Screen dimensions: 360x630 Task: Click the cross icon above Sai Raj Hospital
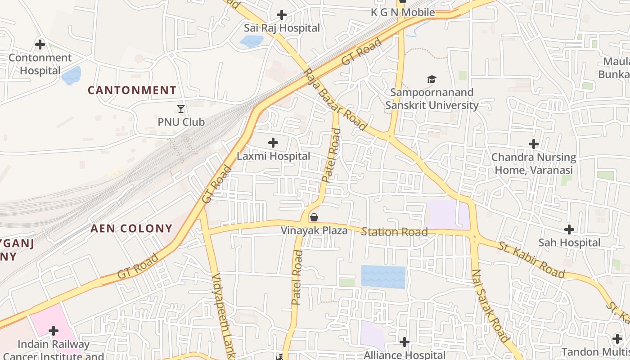tap(282, 15)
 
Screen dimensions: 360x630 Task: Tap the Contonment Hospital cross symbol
tap(40, 45)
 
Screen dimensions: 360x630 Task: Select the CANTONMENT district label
tap(132, 90)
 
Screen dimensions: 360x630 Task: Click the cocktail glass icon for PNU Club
tap(181, 108)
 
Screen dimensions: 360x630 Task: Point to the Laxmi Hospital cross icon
tap(273, 143)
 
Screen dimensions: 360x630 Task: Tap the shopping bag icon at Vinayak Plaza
tap(314, 217)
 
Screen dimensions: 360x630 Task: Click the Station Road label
tap(394, 232)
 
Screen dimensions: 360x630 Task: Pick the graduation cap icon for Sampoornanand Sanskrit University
tap(432, 79)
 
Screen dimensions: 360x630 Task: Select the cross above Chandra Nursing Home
tap(534, 144)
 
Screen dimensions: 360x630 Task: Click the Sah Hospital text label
tap(569, 243)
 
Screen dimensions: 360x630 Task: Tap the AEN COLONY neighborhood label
tap(131, 228)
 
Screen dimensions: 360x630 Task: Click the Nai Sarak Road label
tap(490, 306)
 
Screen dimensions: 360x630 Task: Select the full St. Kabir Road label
tap(531, 260)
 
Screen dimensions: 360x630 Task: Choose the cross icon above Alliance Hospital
tap(405, 342)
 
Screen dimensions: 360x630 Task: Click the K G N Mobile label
tap(403, 12)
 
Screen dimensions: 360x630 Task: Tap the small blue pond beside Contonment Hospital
tap(72, 75)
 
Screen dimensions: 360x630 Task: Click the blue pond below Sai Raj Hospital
tap(252, 41)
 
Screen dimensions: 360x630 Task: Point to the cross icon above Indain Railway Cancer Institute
tap(54, 331)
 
